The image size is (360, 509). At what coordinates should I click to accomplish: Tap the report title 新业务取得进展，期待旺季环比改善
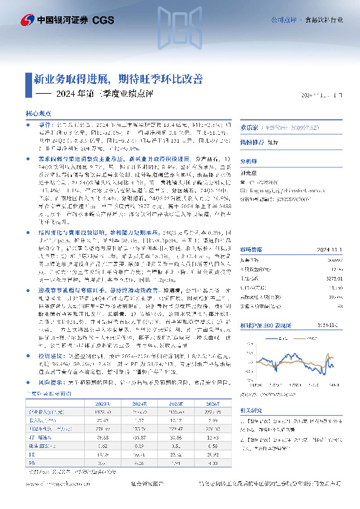117,79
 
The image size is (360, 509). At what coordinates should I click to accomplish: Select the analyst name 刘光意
249,172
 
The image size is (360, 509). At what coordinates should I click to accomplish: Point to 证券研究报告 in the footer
148,485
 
